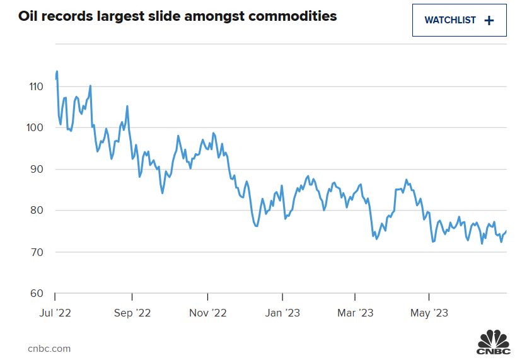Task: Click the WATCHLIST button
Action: point(459,20)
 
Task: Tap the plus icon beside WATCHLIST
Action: point(489,20)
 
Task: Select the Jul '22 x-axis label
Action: point(55,312)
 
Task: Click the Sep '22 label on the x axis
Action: point(132,312)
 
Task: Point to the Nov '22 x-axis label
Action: point(207,312)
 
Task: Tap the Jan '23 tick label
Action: point(282,312)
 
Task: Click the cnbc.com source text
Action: point(49,348)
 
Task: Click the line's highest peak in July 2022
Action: point(57,72)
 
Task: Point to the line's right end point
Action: point(506,231)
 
